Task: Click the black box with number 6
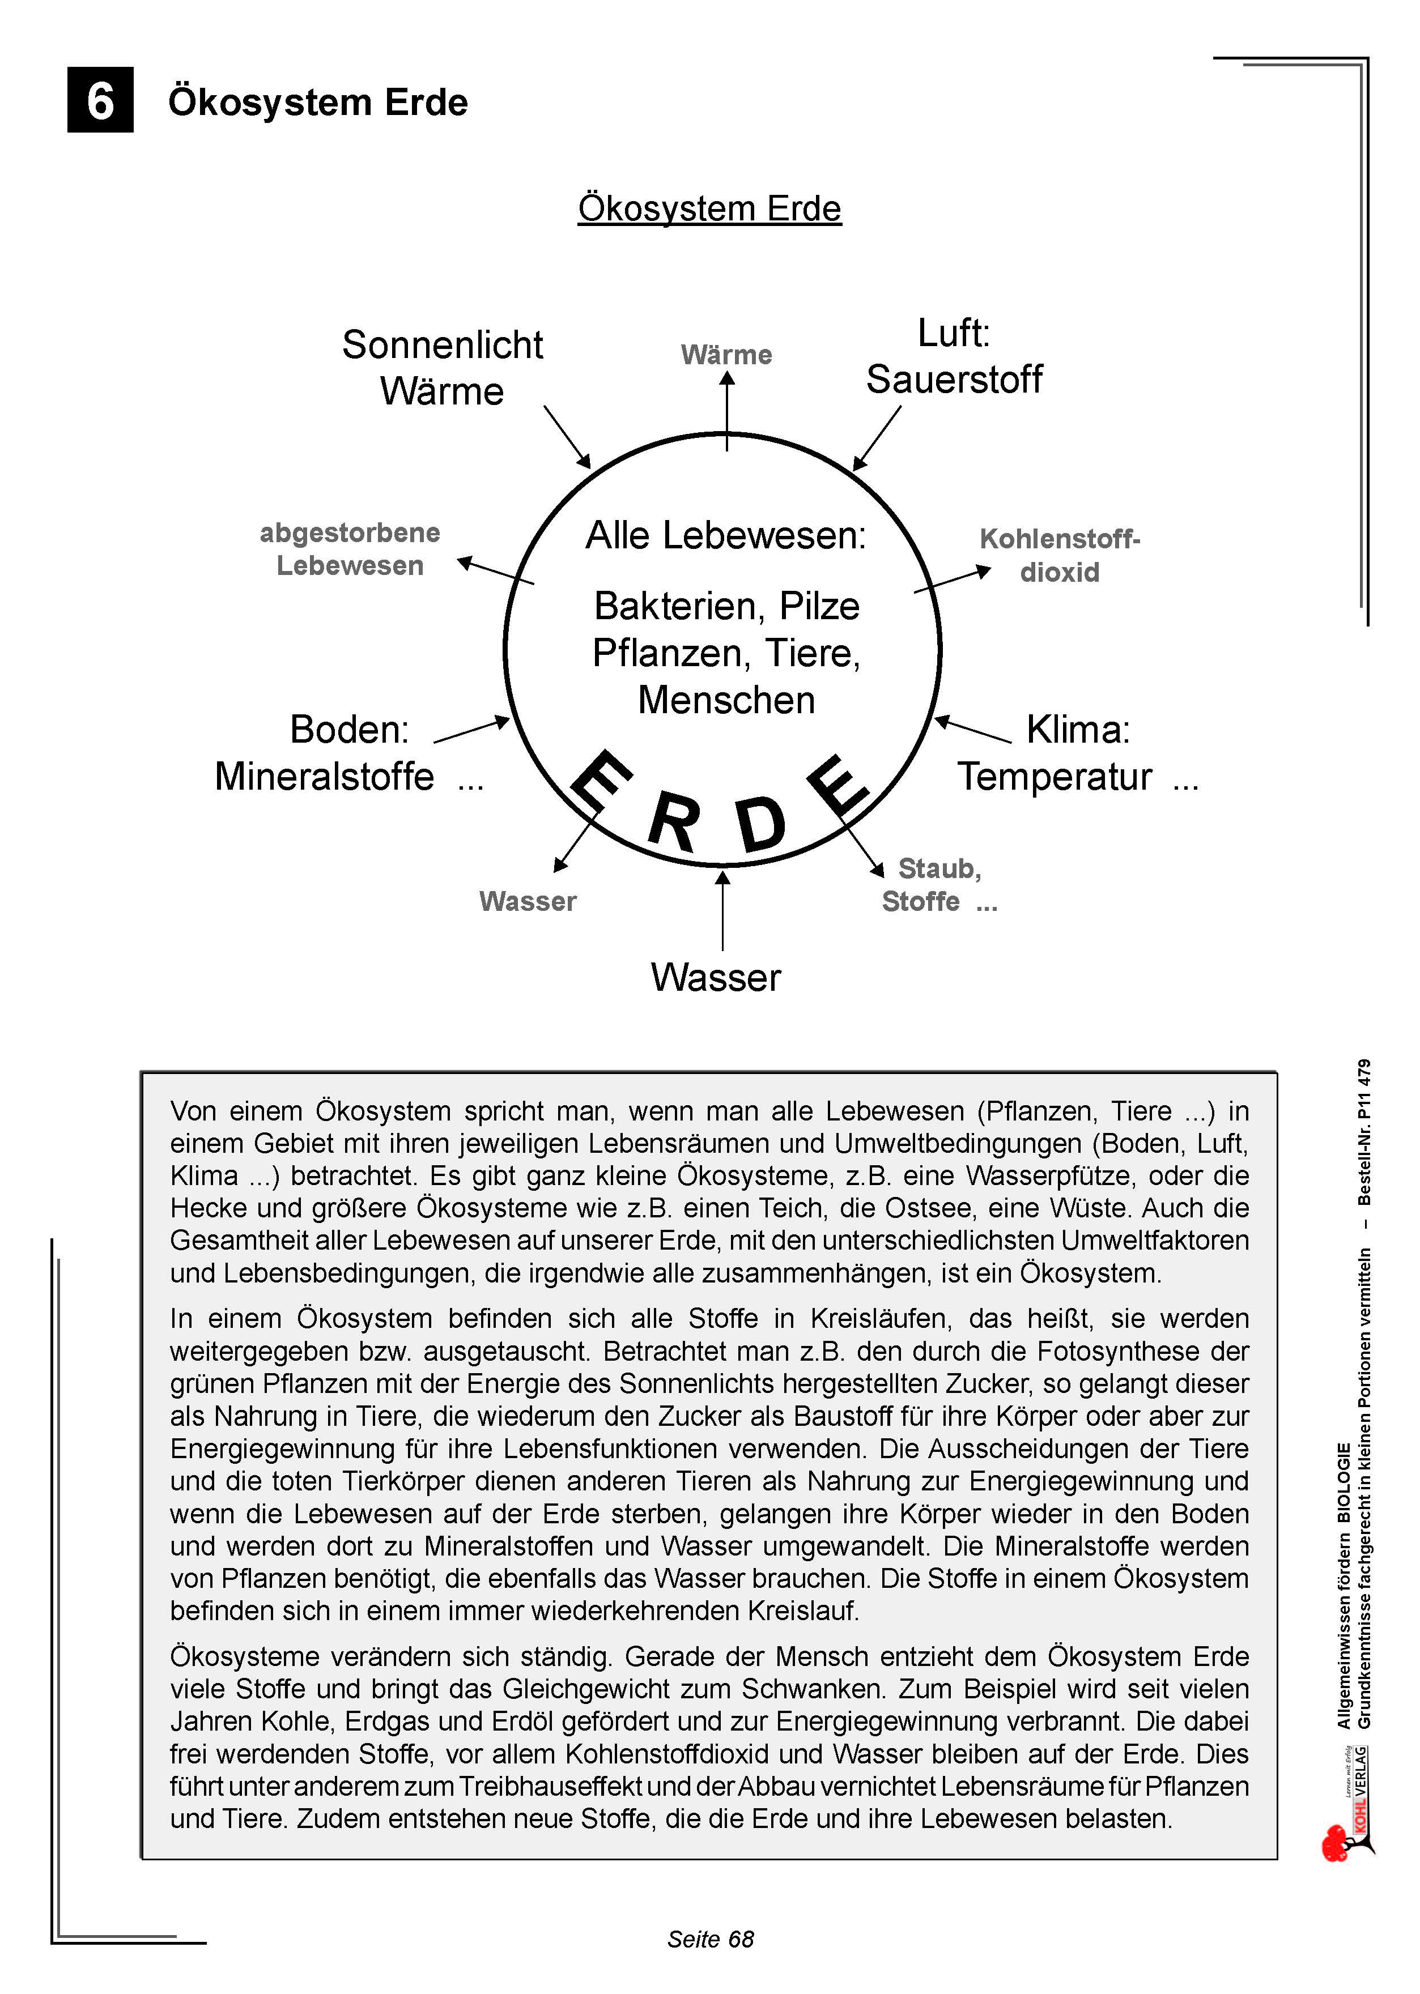pyautogui.click(x=100, y=100)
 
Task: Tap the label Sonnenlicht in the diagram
pyautogui.click(x=443, y=344)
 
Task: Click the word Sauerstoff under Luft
pyautogui.click(x=954, y=380)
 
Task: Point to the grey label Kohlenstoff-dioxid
pyautogui.click(x=1060, y=555)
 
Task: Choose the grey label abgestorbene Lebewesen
pyautogui.click(x=350, y=549)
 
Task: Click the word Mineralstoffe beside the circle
pyautogui.click(x=324, y=776)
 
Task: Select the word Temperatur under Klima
pyautogui.click(x=1055, y=776)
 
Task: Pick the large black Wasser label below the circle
pyautogui.click(x=715, y=977)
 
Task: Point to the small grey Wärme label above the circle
pyautogui.click(x=726, y=355)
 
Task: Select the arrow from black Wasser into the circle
pyautogui.click(x=722, y=909)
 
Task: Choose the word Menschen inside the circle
pyautogui.click(x=726, y=700)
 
